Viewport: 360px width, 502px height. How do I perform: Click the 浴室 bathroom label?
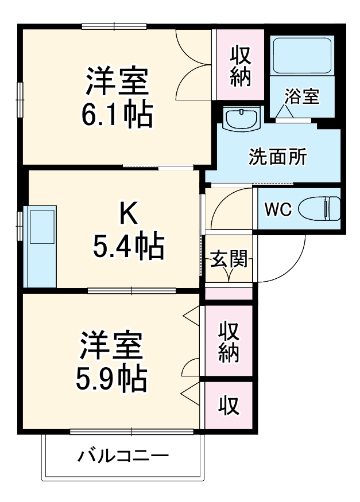point(301,96)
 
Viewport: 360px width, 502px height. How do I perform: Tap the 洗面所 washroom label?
point(277,156)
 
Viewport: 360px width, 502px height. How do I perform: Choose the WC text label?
point(278,210)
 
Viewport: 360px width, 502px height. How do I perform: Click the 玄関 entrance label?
point(229,259)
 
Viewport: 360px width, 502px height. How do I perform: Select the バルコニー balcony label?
point(123,457)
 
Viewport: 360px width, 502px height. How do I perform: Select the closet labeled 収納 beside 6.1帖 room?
point(241,66)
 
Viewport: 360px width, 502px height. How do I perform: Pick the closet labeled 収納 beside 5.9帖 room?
point(229,342)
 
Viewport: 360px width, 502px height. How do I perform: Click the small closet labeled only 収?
point(229,406)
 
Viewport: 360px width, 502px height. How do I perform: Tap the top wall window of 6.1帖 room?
point(113,26)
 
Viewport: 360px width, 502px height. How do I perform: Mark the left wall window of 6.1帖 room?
point(20,98)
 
